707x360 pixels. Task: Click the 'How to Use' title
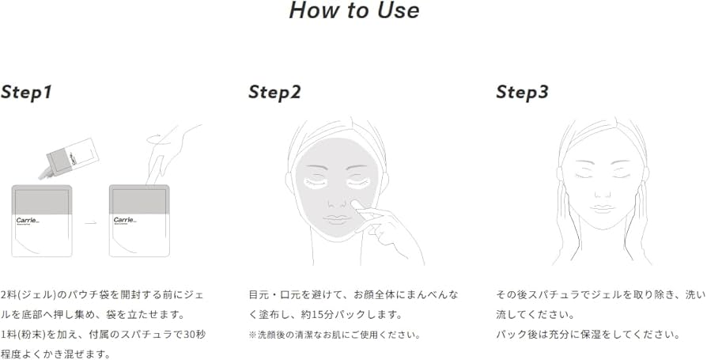[x=353, y=12]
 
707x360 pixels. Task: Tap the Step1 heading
[x=26, y=92]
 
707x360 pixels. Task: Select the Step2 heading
[x=274, y=93]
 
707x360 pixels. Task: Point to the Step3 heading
[x=522, y=93]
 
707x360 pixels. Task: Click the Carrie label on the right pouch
[x=124, y=220]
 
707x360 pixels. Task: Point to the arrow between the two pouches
[x=90, y=222]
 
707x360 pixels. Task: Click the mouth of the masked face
[x=339, y=219]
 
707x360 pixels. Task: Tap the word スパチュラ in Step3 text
[x=558, y=294]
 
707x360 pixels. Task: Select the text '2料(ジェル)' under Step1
[x=28, y=294]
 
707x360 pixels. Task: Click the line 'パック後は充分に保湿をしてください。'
[x=588, y=335]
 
